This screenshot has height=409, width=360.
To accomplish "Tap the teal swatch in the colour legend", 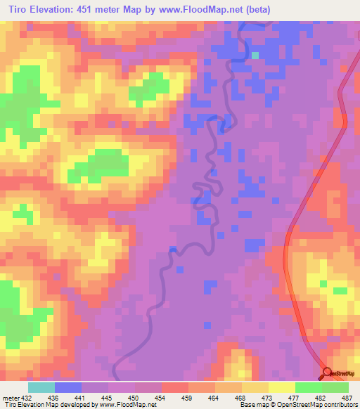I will coord(41,387).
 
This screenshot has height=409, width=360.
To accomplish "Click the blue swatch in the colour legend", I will coord(67,387).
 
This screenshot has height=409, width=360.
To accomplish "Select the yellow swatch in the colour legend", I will coord(281,387).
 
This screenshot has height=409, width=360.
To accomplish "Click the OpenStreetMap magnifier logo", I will coord(328,373).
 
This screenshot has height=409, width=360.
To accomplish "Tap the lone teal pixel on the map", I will coord(255,54).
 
